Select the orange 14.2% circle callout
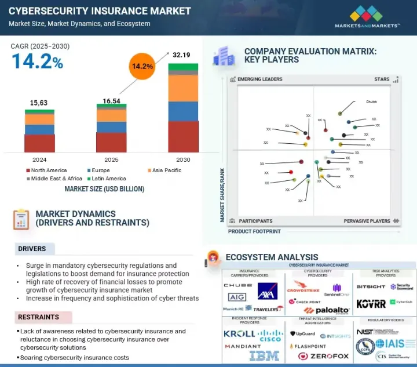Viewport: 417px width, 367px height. coord(142,66)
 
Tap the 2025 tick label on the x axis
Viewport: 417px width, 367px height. coord(111,159)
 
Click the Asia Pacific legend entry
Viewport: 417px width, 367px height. coord(166,170)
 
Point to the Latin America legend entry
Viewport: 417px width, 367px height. coord(108,179)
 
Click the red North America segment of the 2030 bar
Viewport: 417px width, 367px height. coord(182,136)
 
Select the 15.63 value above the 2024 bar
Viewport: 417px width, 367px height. coord(39,103)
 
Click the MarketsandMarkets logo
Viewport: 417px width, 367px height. coord(367,17)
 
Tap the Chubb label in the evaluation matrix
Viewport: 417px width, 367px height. coord(371,101)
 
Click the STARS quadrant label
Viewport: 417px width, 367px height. coord(382,79)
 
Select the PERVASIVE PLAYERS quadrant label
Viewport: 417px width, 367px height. coord(368,221)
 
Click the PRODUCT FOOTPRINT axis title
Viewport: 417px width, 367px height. coord(254,231)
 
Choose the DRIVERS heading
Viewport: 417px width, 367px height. coord(32,249)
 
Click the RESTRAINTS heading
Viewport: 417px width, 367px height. coord(38,317)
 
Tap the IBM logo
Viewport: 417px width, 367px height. coord(264,355)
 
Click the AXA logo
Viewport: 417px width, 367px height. coord(268,290)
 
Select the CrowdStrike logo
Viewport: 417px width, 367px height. coord(303,286)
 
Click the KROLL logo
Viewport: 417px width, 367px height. coord(239,334)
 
